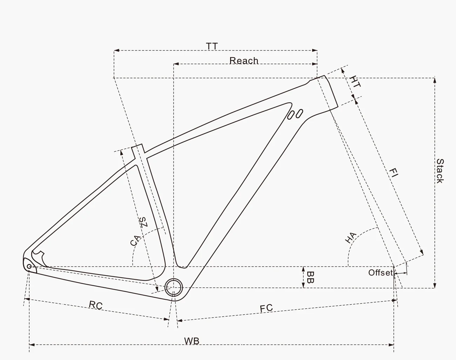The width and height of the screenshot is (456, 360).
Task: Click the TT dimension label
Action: [x=212, y=46]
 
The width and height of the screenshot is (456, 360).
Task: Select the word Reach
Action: [x=244, y=61]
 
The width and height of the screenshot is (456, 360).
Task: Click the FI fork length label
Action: [x=394, y=173]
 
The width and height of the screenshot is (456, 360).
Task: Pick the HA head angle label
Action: [x=351, y=238]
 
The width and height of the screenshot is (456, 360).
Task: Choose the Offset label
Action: [x=380, y=273]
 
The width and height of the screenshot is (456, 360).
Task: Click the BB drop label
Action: [x=310, y=277]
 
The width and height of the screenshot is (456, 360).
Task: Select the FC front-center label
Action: [x=266, y=308]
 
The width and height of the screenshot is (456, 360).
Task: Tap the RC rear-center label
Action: [x=95, y=305]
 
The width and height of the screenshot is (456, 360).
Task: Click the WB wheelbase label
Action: [x=192, y=341]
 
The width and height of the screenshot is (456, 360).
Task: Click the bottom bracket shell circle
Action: [x=174, y=287]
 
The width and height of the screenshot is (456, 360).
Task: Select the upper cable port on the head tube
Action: [x=299, y=113]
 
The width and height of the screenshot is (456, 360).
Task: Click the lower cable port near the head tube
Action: [x=291, y=115]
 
